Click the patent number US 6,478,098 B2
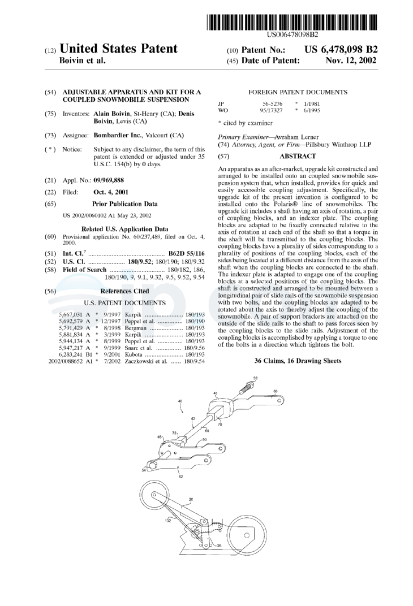point(341,49)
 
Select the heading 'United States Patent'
point(118,49)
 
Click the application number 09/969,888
point(109,180)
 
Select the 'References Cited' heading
point(124,291)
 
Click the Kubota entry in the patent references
point(134,354)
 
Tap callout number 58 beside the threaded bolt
point(255,379)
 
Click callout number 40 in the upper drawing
point(180,401)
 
